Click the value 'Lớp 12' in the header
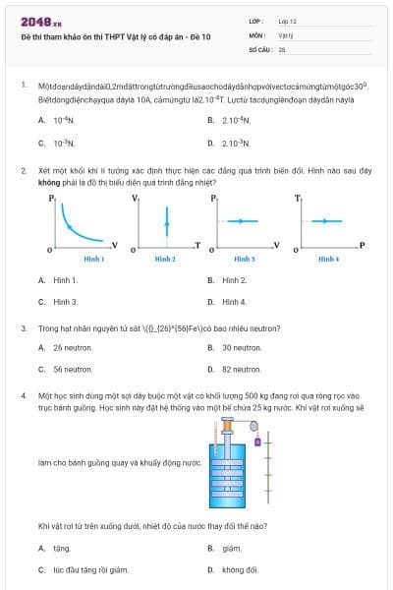point(287,21)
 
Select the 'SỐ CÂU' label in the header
point(259,48)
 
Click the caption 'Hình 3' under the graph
point(245,259)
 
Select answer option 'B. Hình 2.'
point(234,280)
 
